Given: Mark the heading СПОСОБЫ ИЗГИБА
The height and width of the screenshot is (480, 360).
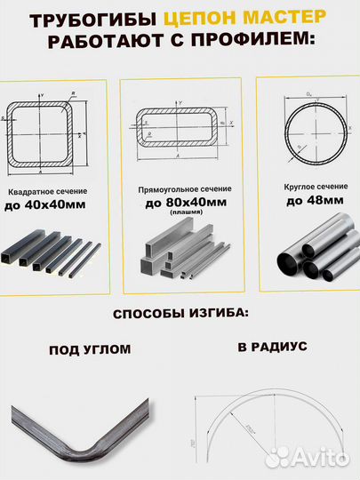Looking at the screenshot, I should pos(180,315).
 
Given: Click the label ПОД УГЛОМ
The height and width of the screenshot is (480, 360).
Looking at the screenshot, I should pos(88,350).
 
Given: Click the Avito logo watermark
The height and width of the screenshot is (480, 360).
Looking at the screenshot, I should pos(307,457).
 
